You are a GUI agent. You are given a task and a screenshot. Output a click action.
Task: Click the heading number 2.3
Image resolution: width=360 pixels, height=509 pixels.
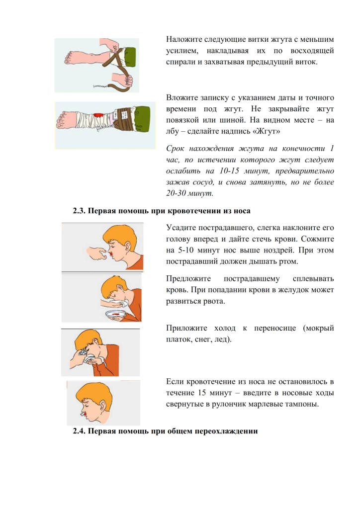click(79, 211)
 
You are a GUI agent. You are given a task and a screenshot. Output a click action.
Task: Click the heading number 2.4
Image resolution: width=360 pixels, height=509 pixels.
click(79, 431)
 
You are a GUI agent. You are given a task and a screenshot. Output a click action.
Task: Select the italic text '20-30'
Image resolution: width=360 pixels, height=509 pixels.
click(176, 193)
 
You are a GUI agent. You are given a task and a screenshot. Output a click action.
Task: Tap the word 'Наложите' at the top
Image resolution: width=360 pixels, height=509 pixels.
click(184, 40)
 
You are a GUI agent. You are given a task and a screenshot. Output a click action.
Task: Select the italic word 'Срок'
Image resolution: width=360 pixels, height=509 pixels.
click(176, 149)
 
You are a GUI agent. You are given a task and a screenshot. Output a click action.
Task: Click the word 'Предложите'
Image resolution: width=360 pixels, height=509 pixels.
click(188, 279)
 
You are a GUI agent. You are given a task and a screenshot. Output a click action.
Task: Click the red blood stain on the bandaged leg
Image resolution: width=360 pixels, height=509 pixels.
click(98, 115)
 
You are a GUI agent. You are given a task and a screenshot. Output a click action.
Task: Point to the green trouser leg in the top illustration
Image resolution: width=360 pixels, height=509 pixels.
click(130, 57)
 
